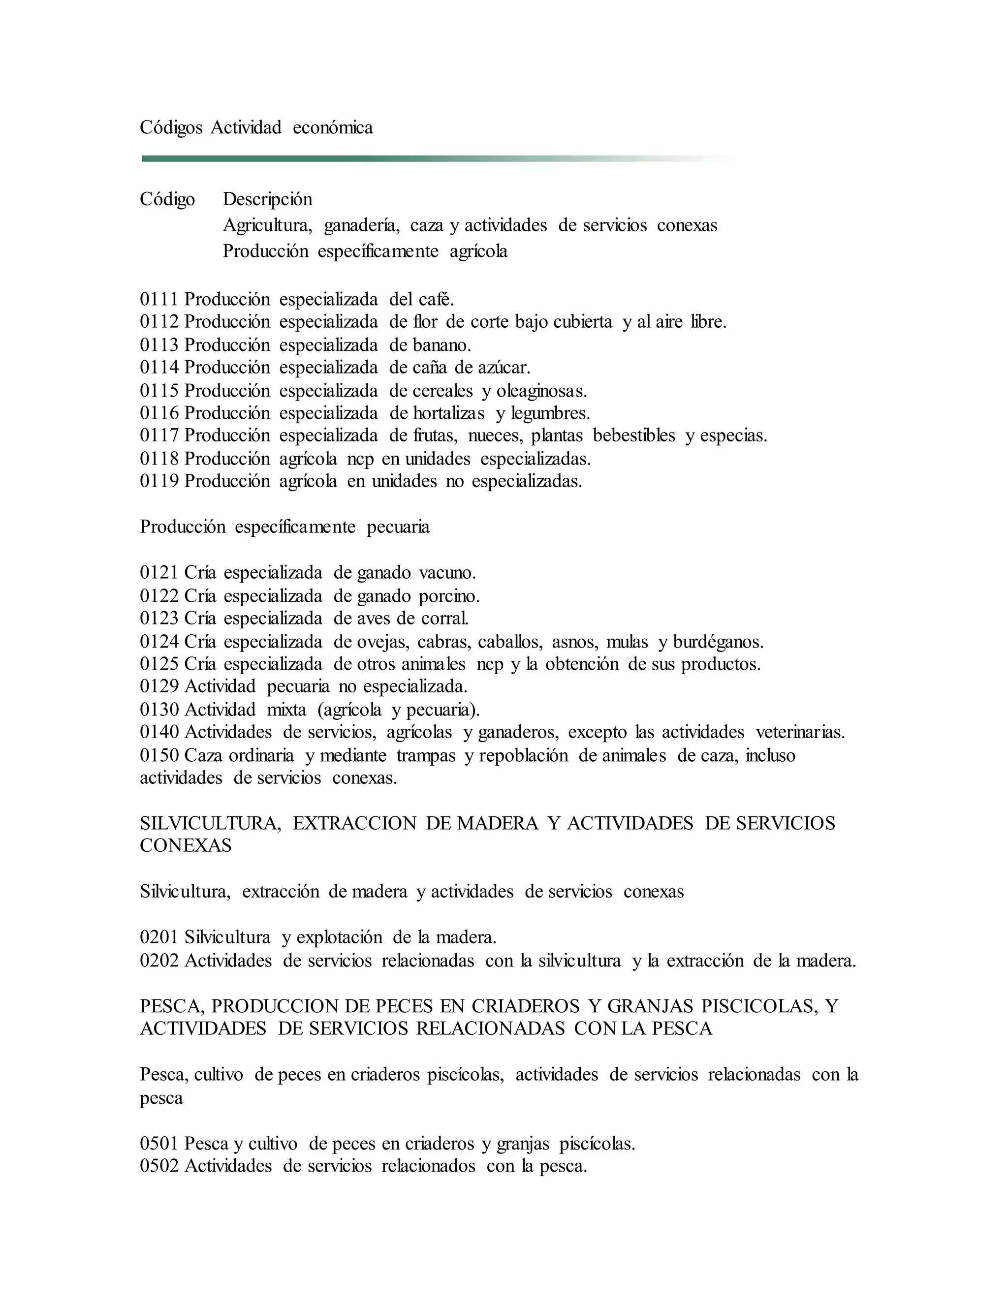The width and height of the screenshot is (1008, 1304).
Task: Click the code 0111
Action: pos(159,299)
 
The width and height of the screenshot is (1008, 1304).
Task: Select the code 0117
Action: pos(159,435)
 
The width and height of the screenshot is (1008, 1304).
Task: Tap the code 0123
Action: pos(159,618)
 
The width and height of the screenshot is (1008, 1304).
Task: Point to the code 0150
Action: pos(159,755)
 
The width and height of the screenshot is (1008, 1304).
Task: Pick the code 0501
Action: pos(159,1144)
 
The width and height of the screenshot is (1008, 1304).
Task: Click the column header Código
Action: pos(167,199)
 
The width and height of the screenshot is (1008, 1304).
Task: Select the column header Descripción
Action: pos(268,199)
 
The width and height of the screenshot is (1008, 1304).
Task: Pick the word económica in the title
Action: pos(333,127)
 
